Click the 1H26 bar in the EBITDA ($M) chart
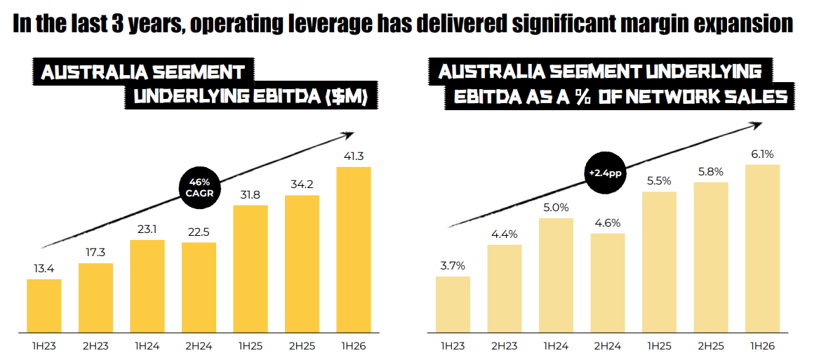[354, 249]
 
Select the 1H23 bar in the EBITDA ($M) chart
[44, 305]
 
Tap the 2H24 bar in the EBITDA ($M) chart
[199, 287]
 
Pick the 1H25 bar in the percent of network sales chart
[659, 262]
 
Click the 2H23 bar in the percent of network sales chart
[505, 288]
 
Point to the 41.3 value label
[354, 156]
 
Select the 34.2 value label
[302, 185]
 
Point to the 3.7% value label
[453, 266]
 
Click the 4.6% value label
[608, 223]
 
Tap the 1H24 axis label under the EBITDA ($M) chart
[147, 346]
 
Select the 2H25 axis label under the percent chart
[710, 346]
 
